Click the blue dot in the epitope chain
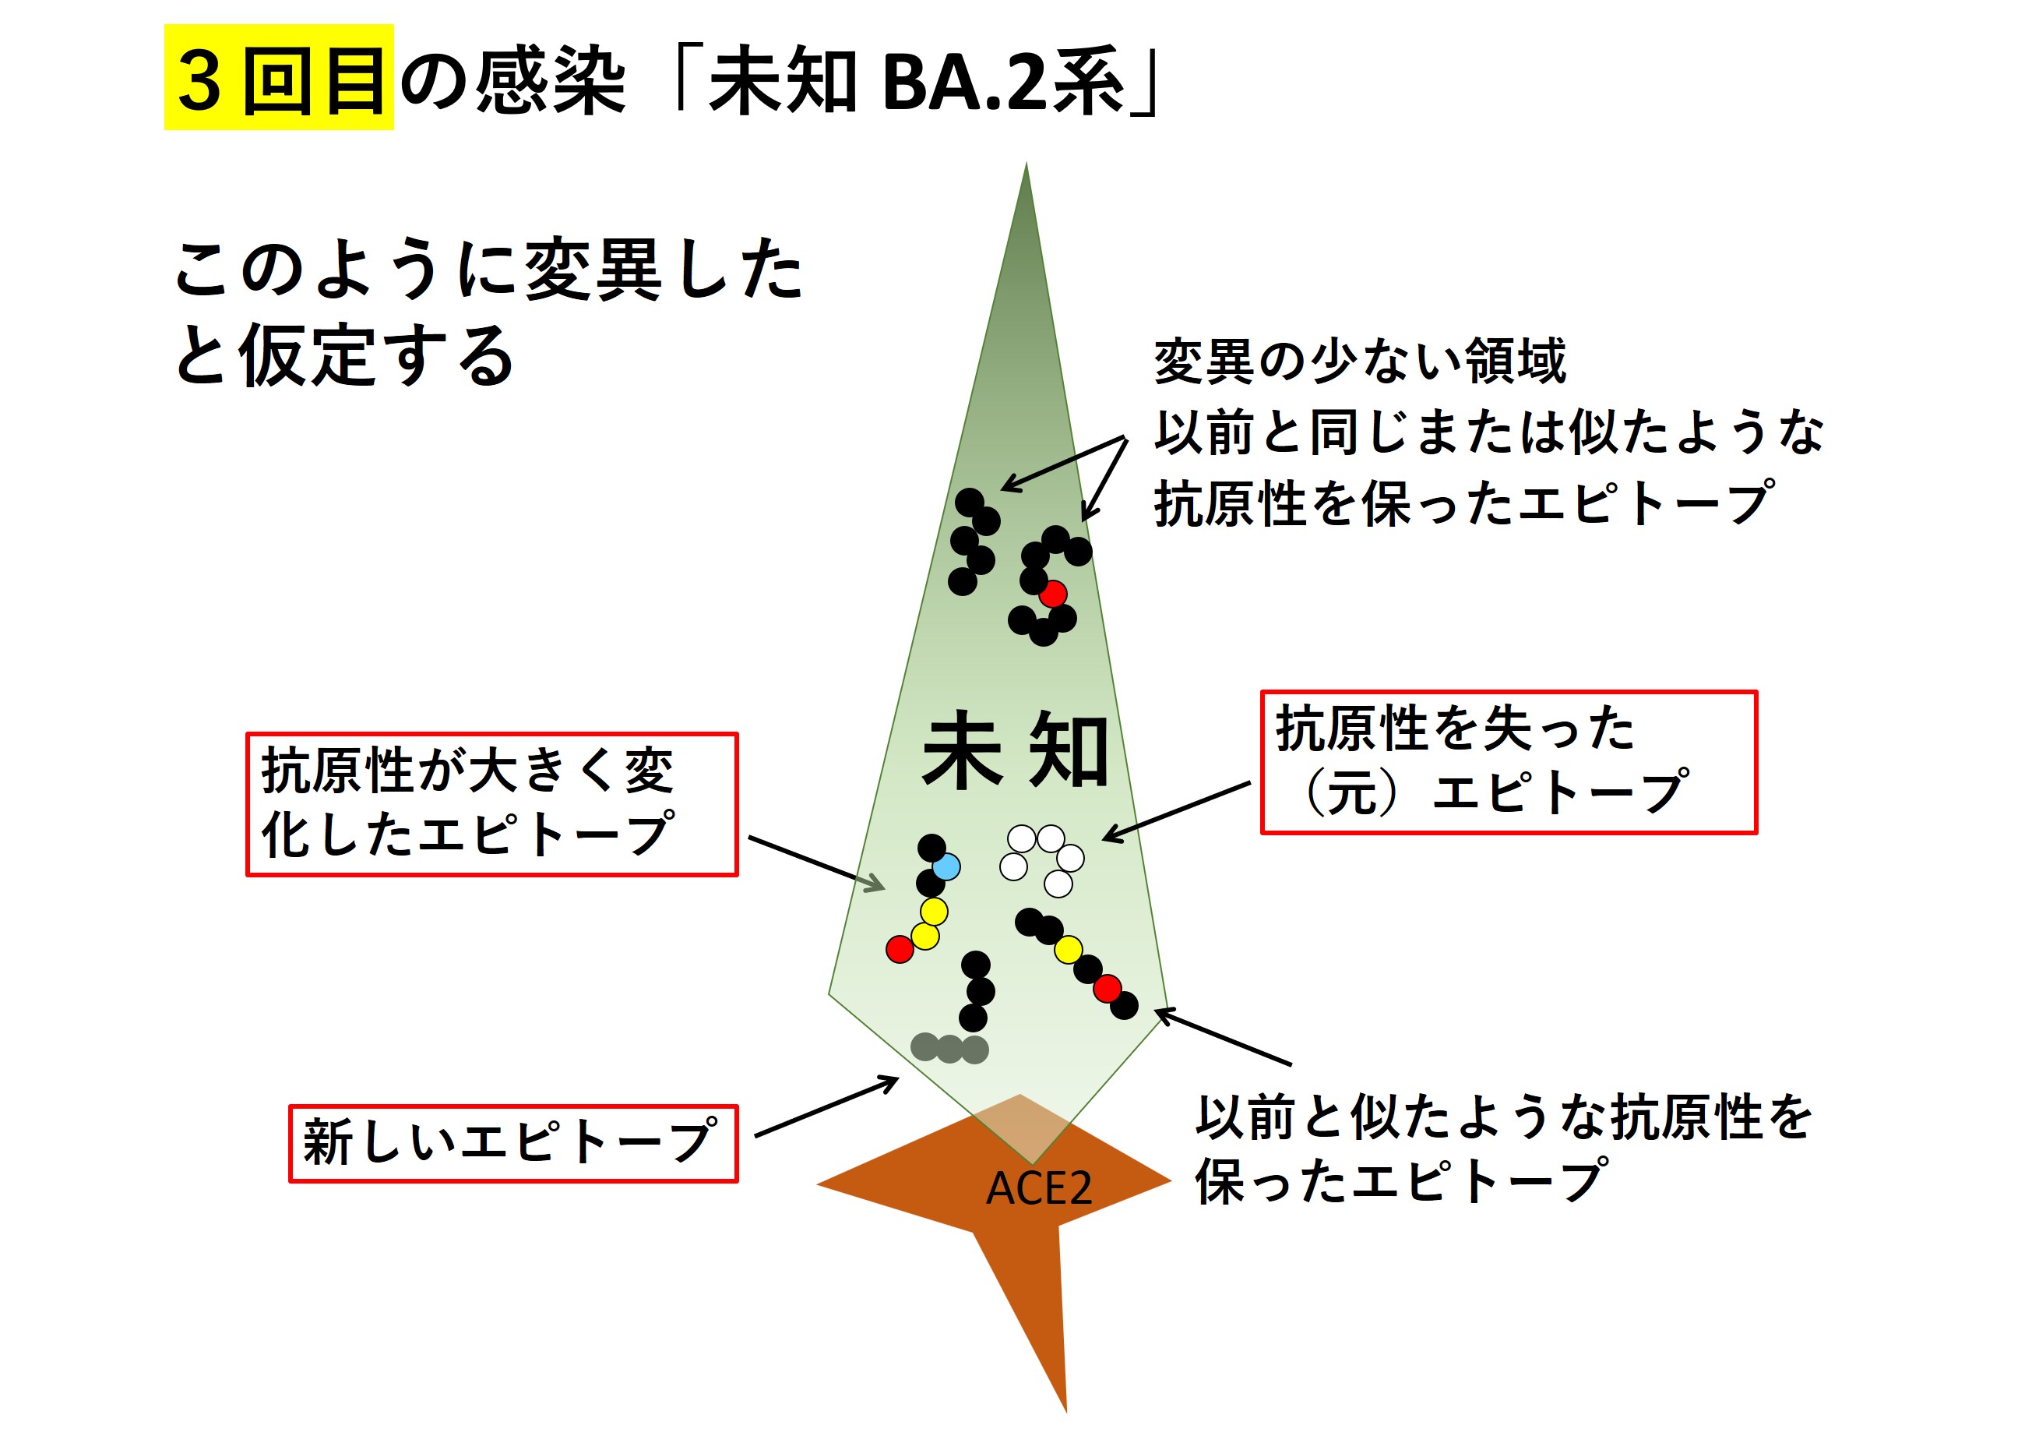pyautogui.click(x=946, y=866)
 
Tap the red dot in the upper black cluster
pyautogui.click(x=1052, y=593)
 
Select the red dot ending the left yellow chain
pyautogui.click(x=900, y=949)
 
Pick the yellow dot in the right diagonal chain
pyautogui.click(x=1069, y=950)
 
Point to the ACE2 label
pyautogui.click(x=1039, y=1188)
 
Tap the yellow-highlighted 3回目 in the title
pyautogui.click(x=279, y=78)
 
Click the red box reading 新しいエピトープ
pyautogui.click(x=513, y=1143)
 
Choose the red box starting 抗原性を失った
pyautogui.click(x=1509, y=762)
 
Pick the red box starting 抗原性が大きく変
pyautogui.click(x=492, y=805)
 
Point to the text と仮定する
pyautogui.click(x=344, y=355)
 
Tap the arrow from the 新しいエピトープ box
pyautogui.click(x=826, y=1106)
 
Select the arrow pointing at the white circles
pyautogui.click(x=1176, y=811)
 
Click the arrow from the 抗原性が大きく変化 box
pyautogui.click(x=816, y=863)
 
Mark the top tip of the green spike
pyautogui.click(x=1027, y=162)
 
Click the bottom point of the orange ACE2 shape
pyautogui.click(x=1066, y=1411)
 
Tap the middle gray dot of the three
pyautogui.click(x=949, y=1048)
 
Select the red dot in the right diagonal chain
pyautogui.click(x=1108, y=988)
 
